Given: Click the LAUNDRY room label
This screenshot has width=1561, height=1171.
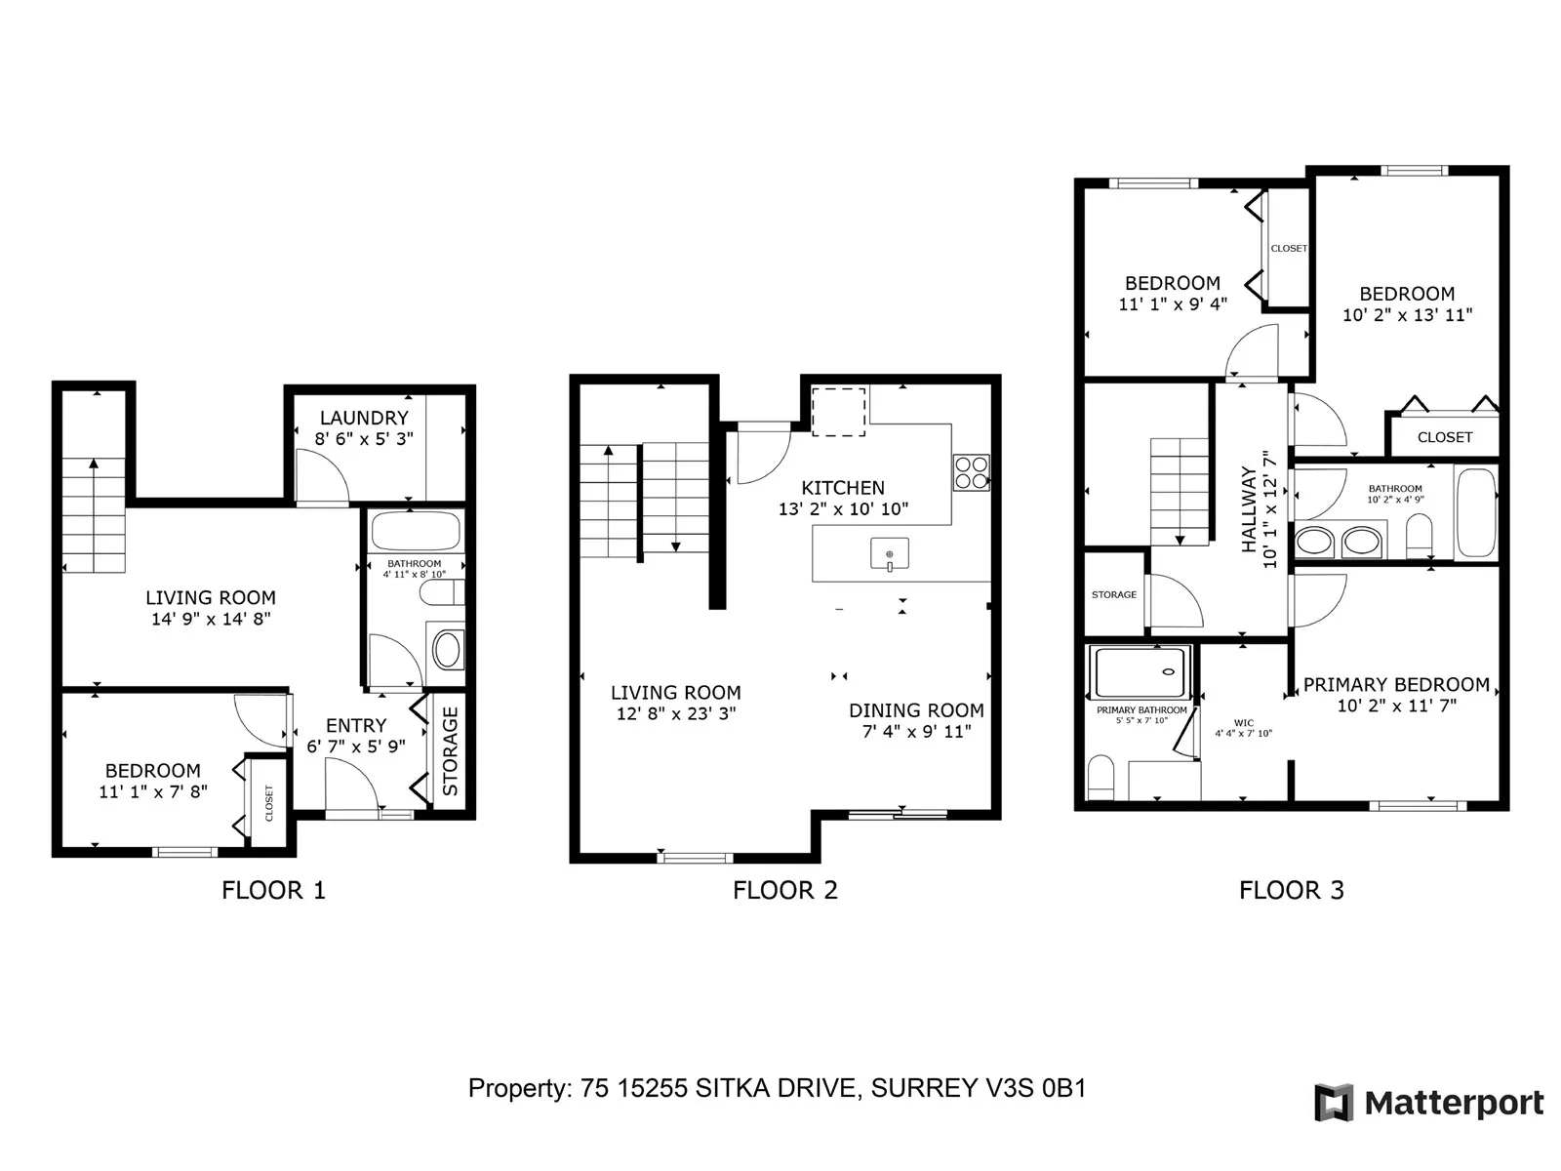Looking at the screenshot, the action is [x=364, y=418].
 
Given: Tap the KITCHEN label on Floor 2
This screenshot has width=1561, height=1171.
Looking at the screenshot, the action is [x=843, y=488].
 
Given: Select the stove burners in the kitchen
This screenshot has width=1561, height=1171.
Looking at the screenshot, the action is [x=972, y=473].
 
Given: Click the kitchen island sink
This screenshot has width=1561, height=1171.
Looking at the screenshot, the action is [x=890, y=554].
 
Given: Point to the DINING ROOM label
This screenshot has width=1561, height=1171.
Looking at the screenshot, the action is [x=916, y=710].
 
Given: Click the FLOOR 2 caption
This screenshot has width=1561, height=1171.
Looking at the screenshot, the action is [x=785, y=890].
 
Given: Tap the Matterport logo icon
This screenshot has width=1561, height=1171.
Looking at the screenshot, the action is [x=1334, y=1103].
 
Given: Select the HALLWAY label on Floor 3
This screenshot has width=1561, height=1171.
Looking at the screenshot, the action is [x=1249, y=509].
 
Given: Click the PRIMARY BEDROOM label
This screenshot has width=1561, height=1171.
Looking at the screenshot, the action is [x=1396, y=685].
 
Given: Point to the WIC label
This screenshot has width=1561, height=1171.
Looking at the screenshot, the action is [x=1244, y=723].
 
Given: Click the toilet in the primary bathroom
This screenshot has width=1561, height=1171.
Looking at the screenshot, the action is [x=1101, y=778].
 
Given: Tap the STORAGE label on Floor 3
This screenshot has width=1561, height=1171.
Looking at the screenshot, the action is [x=1114, y=594].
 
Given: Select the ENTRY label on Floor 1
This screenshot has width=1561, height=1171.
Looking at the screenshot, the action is [x=356, y=725].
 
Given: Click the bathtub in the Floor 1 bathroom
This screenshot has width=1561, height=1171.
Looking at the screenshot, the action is [x=416, y=530].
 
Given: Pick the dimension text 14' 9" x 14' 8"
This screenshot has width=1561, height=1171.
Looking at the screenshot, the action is [x=211, y=619].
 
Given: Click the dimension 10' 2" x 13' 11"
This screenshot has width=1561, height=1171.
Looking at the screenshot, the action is [x=1408, y=315].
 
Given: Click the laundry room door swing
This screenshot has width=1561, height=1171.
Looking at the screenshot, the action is [x=322, y=476].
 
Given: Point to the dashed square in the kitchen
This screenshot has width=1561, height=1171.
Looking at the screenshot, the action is [x=838, y=412].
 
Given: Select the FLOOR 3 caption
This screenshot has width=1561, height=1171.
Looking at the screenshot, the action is [x=1292, y=890].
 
